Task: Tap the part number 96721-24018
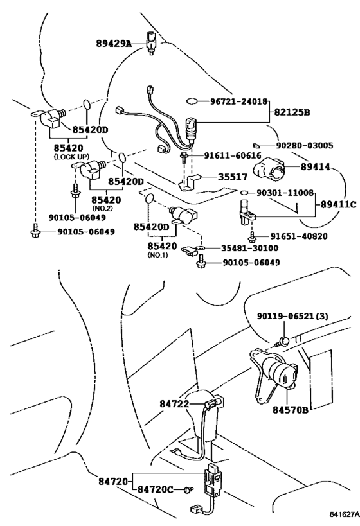[x=239, y=101]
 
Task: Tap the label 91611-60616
[x=233, y=155]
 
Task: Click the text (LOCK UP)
[x=71, y=157]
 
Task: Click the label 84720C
[x=155, y=490]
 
